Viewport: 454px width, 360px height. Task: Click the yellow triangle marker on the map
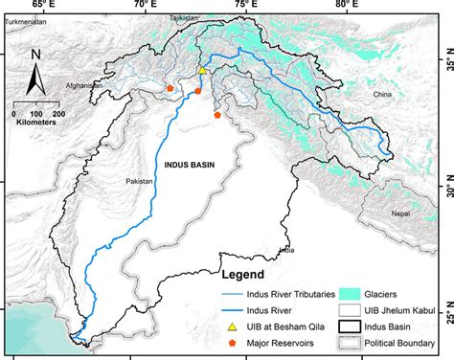coord(202,71)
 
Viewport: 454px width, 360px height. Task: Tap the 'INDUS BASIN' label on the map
coord(189,164)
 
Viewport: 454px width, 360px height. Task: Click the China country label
coord(383,96)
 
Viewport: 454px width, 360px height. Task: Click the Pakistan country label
coord(140,179)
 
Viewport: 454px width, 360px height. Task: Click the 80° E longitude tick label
coord(345,7)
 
